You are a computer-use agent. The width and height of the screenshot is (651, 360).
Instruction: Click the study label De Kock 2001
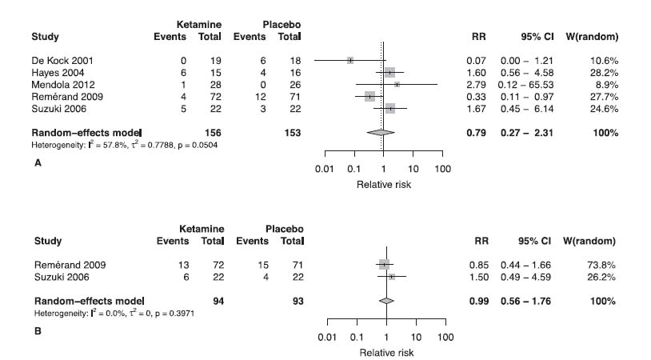coord(58,60)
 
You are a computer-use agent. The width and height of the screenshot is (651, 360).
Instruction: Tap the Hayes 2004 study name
coord(54,72)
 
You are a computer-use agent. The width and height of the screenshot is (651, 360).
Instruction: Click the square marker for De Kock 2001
coord(350,60)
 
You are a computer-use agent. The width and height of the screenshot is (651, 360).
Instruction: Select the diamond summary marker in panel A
coord(380,132)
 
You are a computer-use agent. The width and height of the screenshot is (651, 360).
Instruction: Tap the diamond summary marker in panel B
coord(386,301)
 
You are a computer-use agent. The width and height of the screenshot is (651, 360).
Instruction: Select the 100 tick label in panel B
coord(445,338)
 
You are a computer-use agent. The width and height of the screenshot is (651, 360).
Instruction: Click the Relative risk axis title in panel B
coord(386,352)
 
